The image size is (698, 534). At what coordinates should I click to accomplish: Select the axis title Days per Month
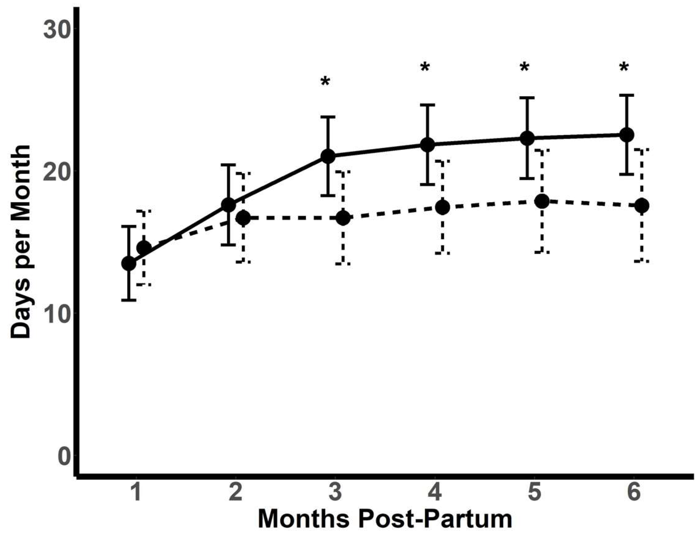pyautogui.click(x=20, y=242)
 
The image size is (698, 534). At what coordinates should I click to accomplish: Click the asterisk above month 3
pyautogui.click(x=325, y=81)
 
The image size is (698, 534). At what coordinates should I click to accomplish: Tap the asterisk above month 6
pyautogui.click(x=624, y=68)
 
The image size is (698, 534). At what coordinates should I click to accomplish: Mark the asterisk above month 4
pyautogui.click(x=425, y=68)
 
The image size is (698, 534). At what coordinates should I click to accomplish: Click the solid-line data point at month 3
pyautogui.click(x=328, y=156)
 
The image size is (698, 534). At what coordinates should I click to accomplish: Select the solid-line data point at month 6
pyautogui.click(x=627, y=135)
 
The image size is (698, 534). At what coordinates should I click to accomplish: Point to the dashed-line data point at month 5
pyautogui.click(x=542, y=201)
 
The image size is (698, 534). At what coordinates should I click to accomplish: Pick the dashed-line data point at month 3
pyautogui.click(x=343, y=218)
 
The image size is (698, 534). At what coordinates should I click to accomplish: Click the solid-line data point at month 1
pyautogui.click(x=129, y=264)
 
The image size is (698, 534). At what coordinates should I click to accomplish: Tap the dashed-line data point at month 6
pyautogui.click(x=642, y=206)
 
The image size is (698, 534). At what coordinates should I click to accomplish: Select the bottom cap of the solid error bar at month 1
pyautogui.click(x=129, y=300)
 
